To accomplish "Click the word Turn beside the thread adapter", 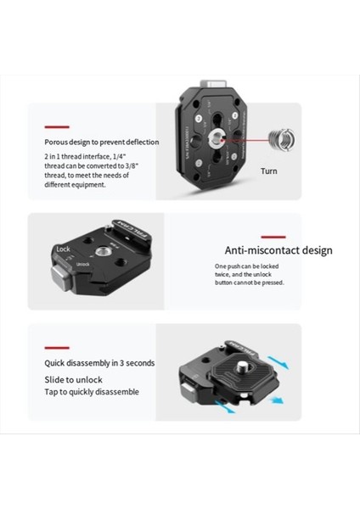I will coord(269,171).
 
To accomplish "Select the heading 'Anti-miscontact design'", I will coord(278,250).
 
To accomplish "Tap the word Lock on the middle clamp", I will coord(62,249).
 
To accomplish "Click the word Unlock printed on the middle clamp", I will coord(83,264).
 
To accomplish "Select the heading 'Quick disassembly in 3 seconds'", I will coord(100,363).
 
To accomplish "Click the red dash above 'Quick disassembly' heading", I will coord(57,347).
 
